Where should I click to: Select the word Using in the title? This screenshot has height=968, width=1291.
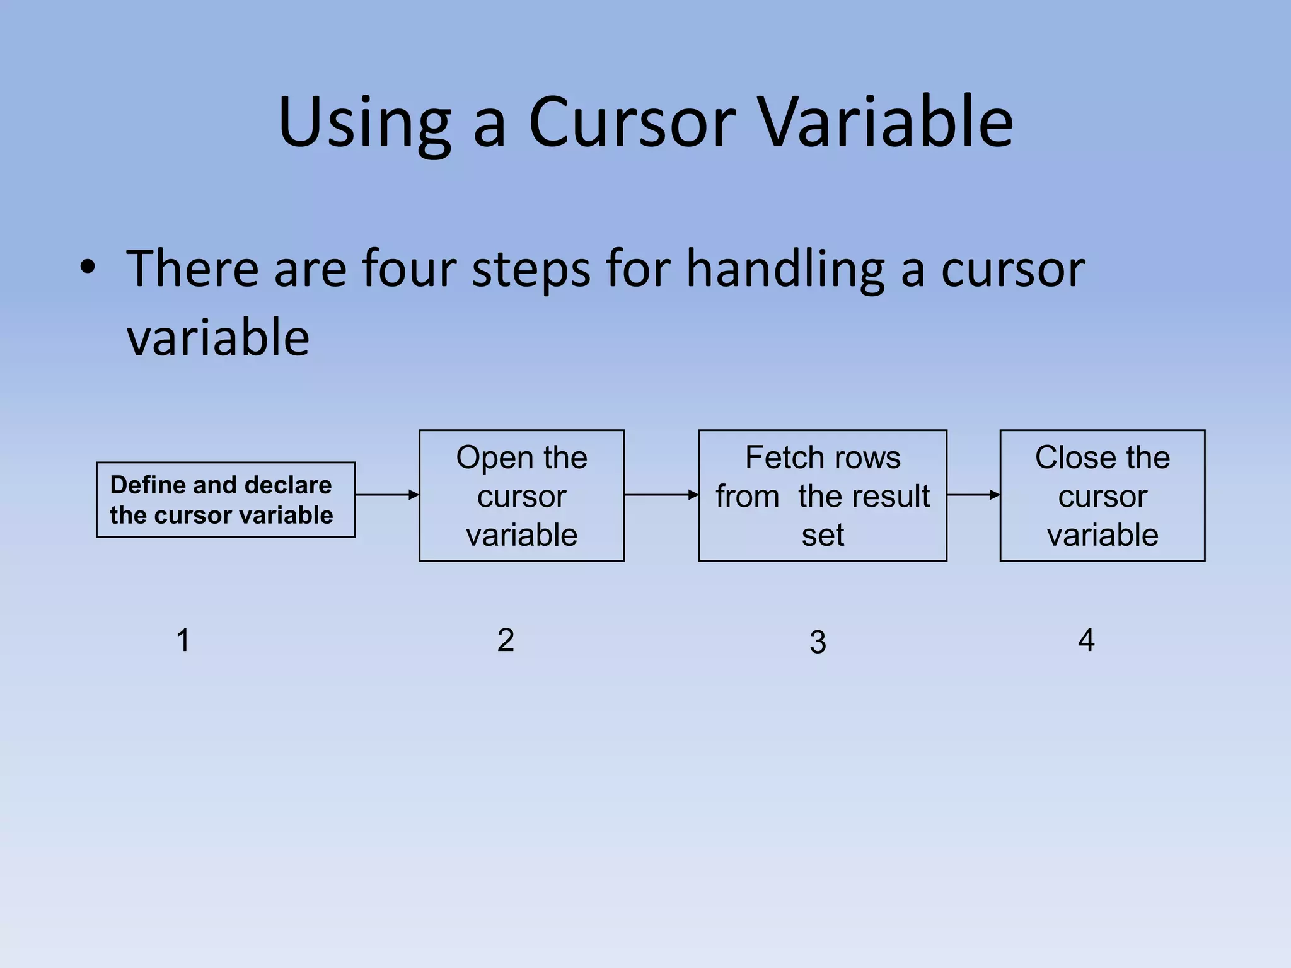pos(364,123)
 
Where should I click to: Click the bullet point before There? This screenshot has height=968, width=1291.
pos(88,268)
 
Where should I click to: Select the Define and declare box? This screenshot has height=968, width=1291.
pos(226,500)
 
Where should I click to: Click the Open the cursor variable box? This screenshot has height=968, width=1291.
pos(521,496)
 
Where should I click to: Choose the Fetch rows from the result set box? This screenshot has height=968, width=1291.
pos(822,496)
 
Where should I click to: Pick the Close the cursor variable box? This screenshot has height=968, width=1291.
pos(1102,496)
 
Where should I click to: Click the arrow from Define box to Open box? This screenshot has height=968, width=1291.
pos(387,495)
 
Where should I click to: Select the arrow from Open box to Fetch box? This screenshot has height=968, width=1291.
pos(661,495)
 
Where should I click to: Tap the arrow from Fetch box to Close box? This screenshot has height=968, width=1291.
pos(973,495)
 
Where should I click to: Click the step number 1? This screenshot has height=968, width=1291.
pos(183,640)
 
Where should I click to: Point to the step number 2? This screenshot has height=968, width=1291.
pos(506,640)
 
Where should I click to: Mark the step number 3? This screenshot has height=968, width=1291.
pos(818,642)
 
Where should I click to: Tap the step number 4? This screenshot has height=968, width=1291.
pos(1086,640)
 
